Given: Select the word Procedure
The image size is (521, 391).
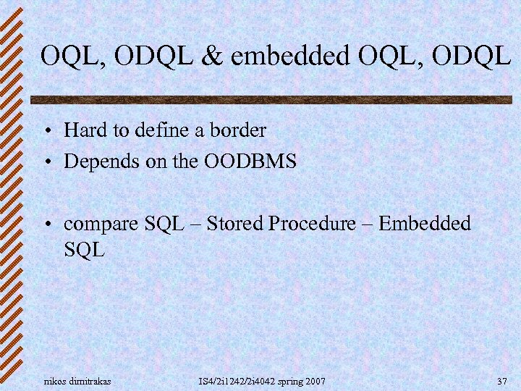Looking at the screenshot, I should pyautogui.click(x=312, y=224).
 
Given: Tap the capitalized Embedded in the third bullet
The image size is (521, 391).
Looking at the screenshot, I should pyautogui.click(x=424, y=224).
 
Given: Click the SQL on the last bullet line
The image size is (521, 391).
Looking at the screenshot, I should pyautogui.click(x=85, y=251).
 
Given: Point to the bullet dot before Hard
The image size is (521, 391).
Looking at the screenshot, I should pyautogui.click(x=46, y=132).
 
